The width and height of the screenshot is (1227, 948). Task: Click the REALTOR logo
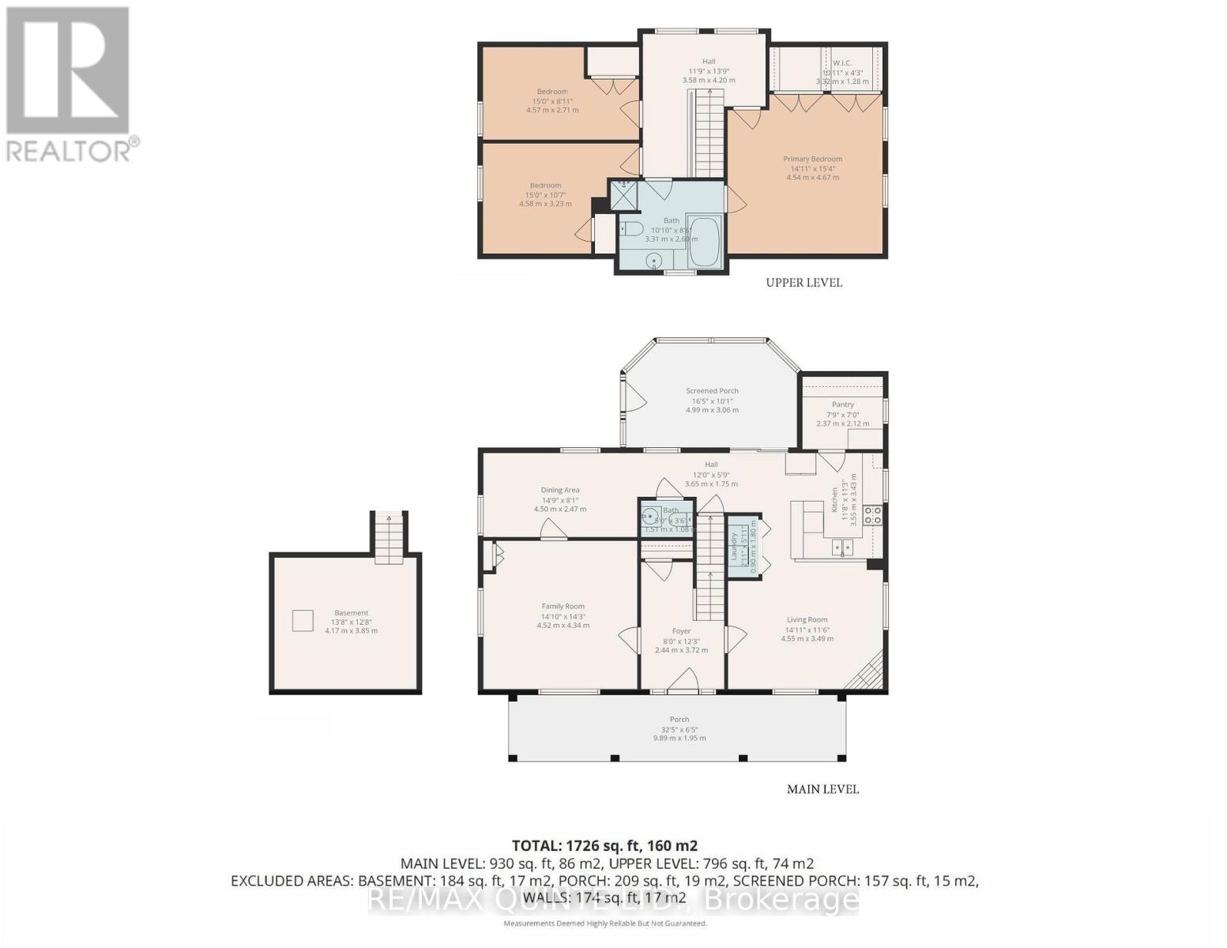pyautogui.click(x=70, y=83)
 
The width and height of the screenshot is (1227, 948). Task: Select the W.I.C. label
pyautogui.click(x=841, y=63)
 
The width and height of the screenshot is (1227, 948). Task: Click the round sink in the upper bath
pyautogui.click(x=654, y=260)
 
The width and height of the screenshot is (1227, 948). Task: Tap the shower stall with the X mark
pyautogui.click(x=623, y=195)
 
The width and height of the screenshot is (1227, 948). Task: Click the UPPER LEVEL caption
pyautogui.click(x=804, y=283)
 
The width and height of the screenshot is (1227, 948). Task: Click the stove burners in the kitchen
pyautogui.click(x=873, y=516)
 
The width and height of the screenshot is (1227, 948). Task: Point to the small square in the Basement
pyautogui.click(x=303, y=621)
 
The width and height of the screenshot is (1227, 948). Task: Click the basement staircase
pyautogui.click(x=389, y=537)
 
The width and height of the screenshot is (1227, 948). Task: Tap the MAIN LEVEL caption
pyautogui.click(x=822, y=789)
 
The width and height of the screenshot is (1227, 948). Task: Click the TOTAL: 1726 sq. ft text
pyautogui.click(x=604, y=845)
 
